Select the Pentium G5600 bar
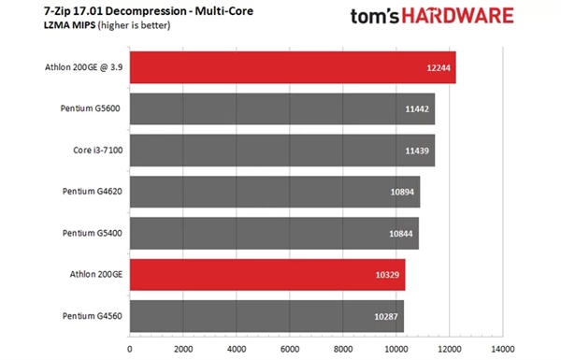point(281,108)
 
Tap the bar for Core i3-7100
point(281,150)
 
